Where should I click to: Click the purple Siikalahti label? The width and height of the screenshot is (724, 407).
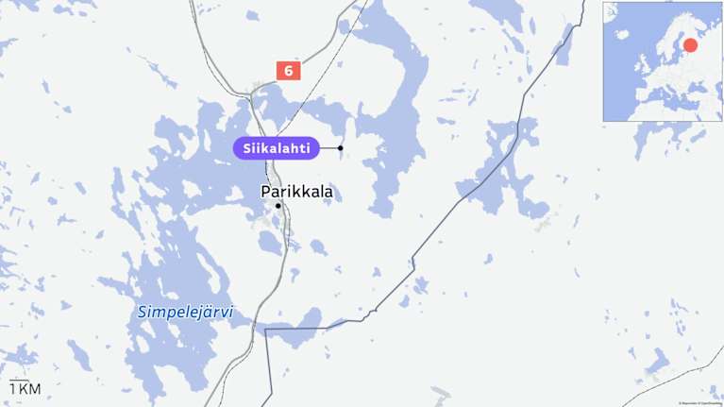275,148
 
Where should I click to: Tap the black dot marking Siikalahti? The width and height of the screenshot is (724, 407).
340,148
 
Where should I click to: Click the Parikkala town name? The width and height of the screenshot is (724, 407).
296,192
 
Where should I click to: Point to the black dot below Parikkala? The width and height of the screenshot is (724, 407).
278,205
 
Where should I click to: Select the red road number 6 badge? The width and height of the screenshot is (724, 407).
288,70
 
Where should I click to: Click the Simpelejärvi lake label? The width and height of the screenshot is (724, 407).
185,312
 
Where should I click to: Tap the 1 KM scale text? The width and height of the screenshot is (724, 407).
25,389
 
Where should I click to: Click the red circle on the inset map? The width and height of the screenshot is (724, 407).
690,45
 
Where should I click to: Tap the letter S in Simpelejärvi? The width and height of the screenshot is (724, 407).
143,312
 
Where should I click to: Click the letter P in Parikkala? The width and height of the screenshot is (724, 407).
265,192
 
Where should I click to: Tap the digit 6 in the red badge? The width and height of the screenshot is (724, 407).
288,70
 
